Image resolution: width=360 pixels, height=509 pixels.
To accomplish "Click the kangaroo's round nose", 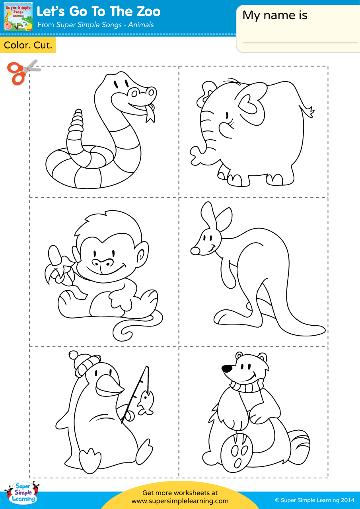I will (x=195, y=251).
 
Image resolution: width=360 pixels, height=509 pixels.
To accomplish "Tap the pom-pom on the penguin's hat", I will (x=74, y=355).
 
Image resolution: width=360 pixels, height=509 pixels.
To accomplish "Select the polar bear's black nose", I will (x=227, y=369).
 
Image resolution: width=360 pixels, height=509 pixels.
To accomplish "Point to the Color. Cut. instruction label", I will (x=28, y=45).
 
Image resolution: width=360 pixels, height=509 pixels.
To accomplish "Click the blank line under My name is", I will (x=300, y=43).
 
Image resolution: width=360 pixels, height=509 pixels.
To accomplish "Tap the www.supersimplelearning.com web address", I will (x=180, y=501).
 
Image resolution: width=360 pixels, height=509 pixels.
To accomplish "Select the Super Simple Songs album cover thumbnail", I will (x=18, y=17).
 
